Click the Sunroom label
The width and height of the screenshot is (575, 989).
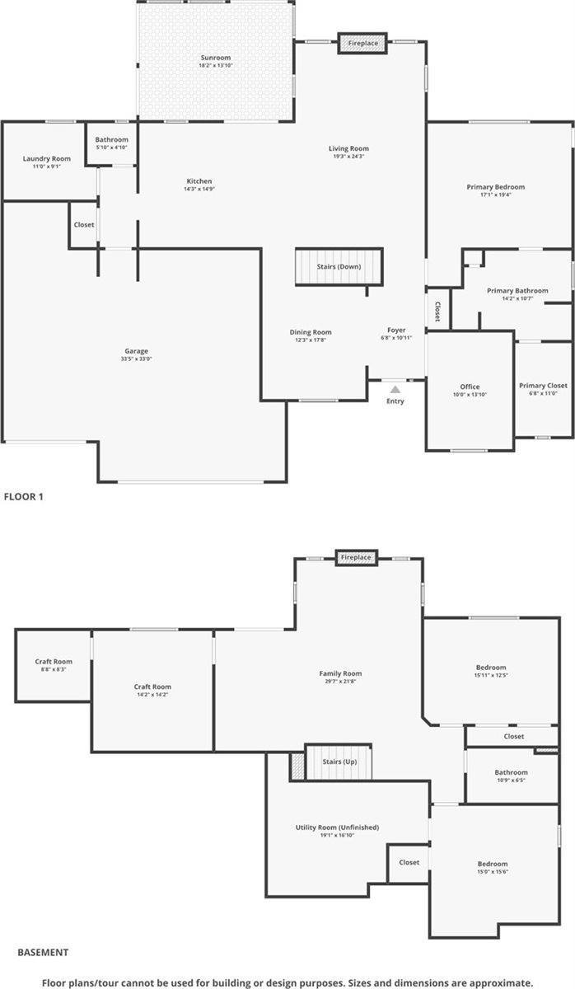(216, 58)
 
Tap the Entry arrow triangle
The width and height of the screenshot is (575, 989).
(395, 389)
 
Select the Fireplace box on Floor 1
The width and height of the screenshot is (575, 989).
(362, 43)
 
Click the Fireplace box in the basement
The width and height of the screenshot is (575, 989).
(356, 558)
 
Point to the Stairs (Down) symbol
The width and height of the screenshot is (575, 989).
(339, 267)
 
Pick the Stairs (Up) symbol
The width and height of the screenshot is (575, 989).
(339, 762)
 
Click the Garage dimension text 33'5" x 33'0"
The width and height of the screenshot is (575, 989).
(137, 359)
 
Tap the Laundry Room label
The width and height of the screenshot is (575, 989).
(47, 158)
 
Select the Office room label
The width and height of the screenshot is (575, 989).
(470, 387)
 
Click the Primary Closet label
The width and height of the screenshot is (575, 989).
(543, 386)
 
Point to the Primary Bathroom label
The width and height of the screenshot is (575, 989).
(517, 291)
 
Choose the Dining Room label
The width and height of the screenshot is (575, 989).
(311, 332)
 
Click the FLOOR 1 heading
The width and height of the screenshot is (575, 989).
(23, 496)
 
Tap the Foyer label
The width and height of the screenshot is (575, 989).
(396, 330)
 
